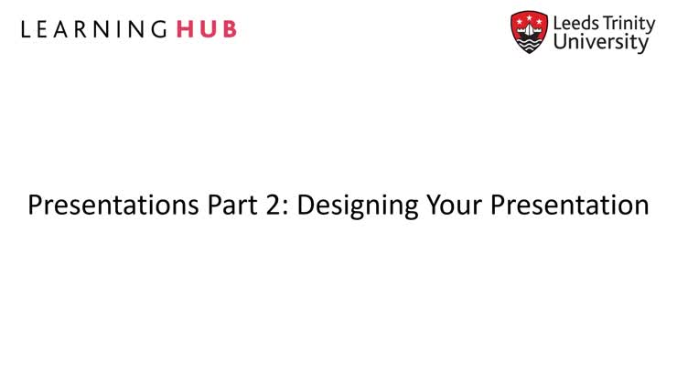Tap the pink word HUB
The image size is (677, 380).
pyautogui.click(x=206, y=29)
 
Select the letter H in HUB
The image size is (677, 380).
pyautogui.click(x=184, y=29)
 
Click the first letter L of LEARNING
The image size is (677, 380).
pyautogui.click(x=25, y=29)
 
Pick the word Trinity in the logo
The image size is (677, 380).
pyautogui.click(x=629, y=23)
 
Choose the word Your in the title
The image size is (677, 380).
pyautogui.click(x=456, y=205)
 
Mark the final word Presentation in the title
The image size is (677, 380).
pyautogui.click(x=569, y=205)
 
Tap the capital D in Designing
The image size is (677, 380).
pyautogui.click(x=306, y=205)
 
